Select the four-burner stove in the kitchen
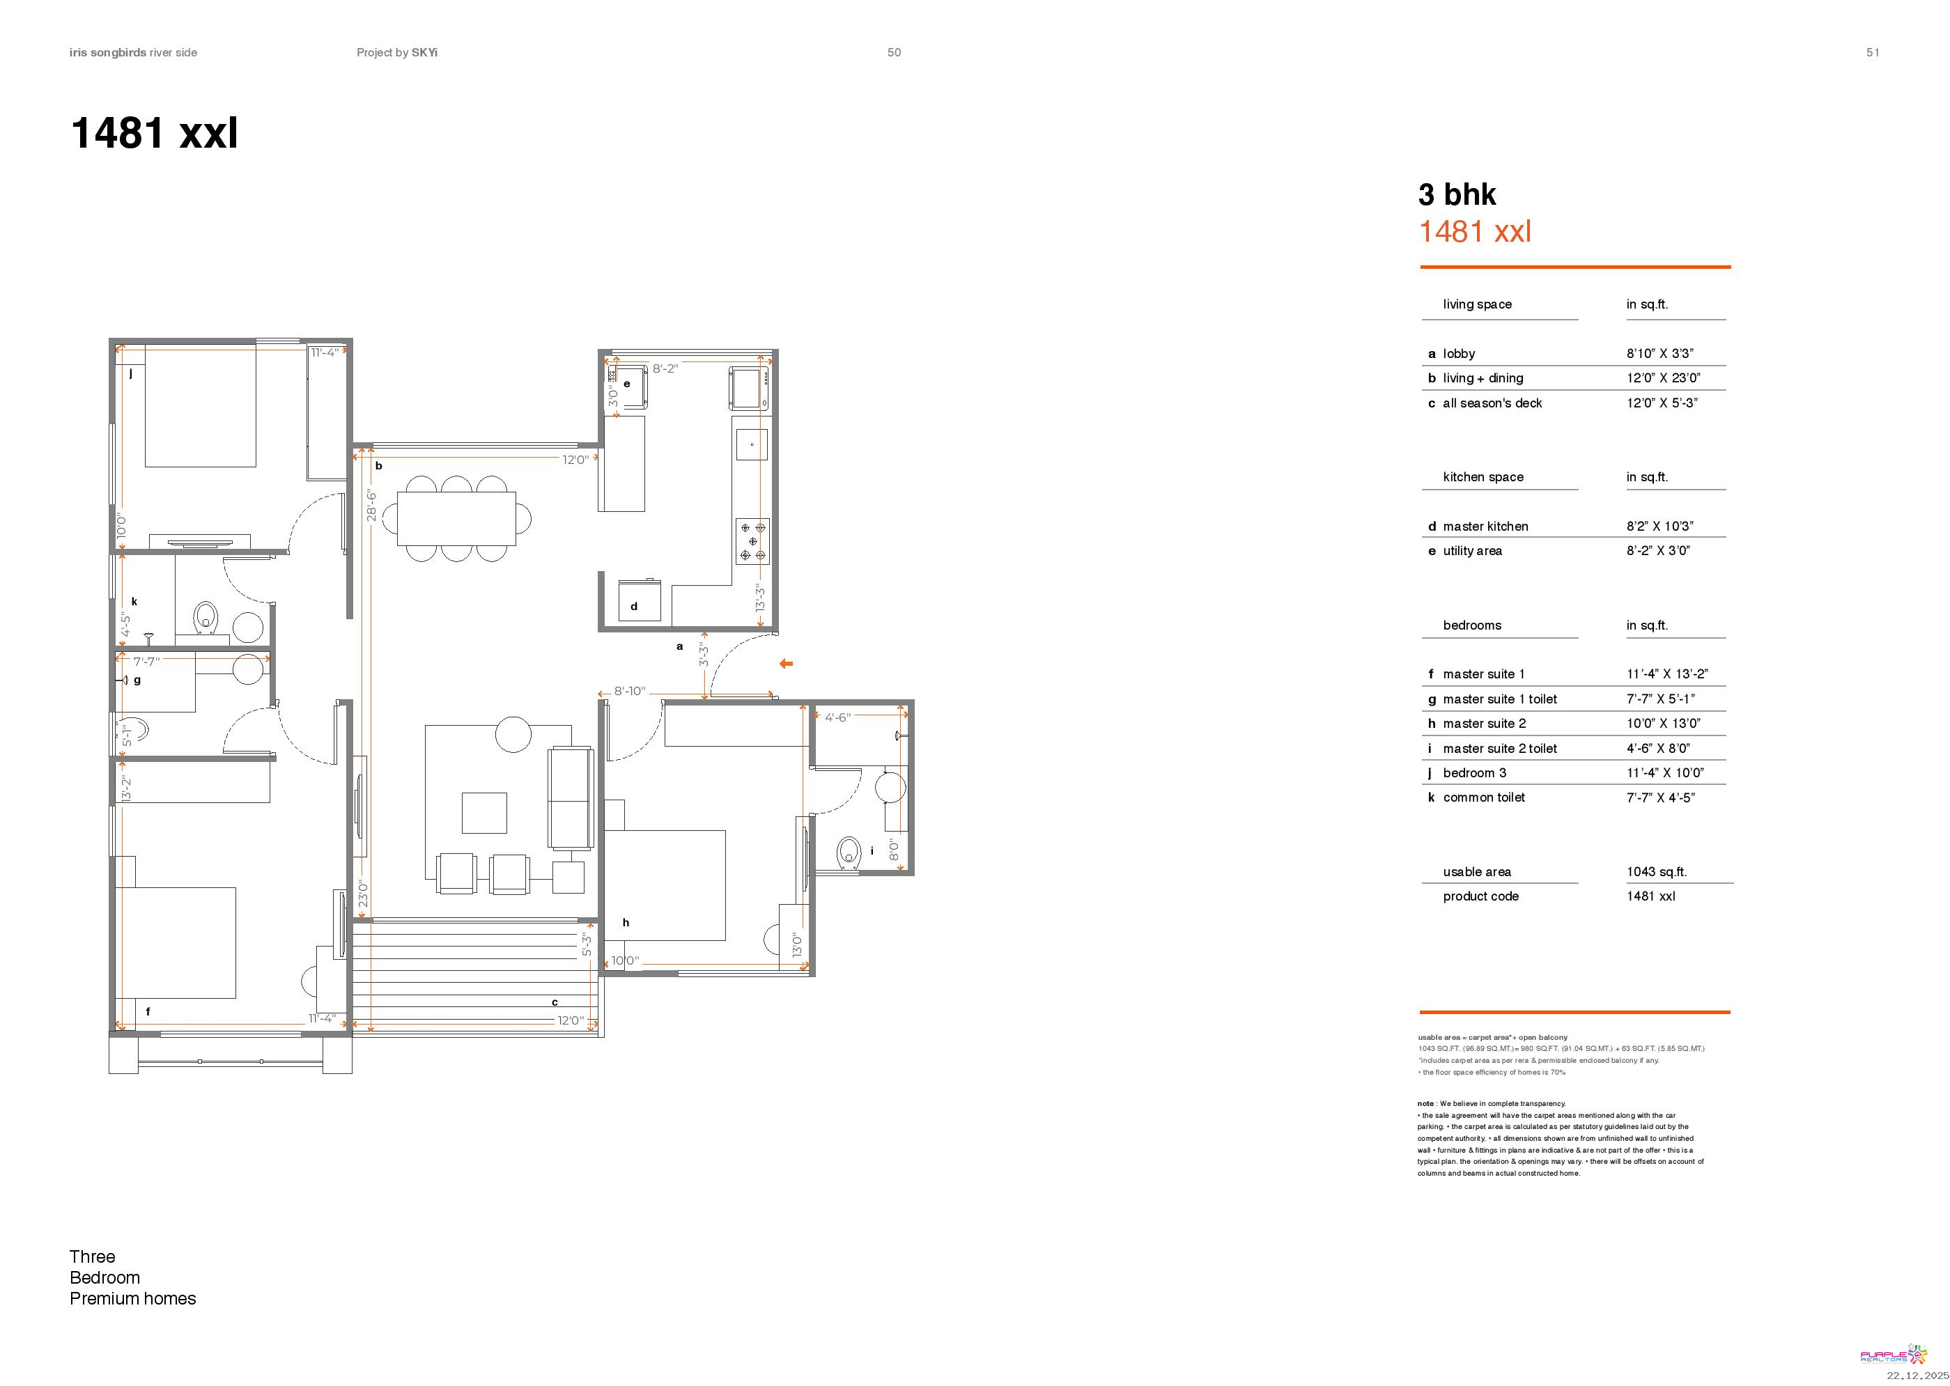pyautogui.click(x=752, y=541)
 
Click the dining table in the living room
pyautogui.click(x=456, y=518)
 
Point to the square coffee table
pyautogui.click(x=484, y=813)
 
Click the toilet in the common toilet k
pyautogui.click(x=206, y=618)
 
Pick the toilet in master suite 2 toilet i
pyautogui.click(x=849, y=852)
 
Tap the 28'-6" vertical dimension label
pyautogui.click(x=371, y=505)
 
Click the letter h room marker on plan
pyautogui.click(x=626, y=923)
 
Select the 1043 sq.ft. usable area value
pyautogui.click(x=1656, y=871)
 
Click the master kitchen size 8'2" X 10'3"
pyautogui.click(x=1659, y=527)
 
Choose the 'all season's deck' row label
pyautogui.click(x=1492, y=403)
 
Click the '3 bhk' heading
pyautogui.click(x=1457, y=194)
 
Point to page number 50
pyautogui.click(x=894, y=52)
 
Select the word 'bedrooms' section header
pyautogui.click(x=1472, y=625)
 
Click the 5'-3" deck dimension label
pyautogui.click(x=587, y=944)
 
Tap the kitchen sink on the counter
pyautogui.click(x=751, y=444)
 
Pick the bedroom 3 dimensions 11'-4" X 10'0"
pyautogui.click(x=1665, y=773)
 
